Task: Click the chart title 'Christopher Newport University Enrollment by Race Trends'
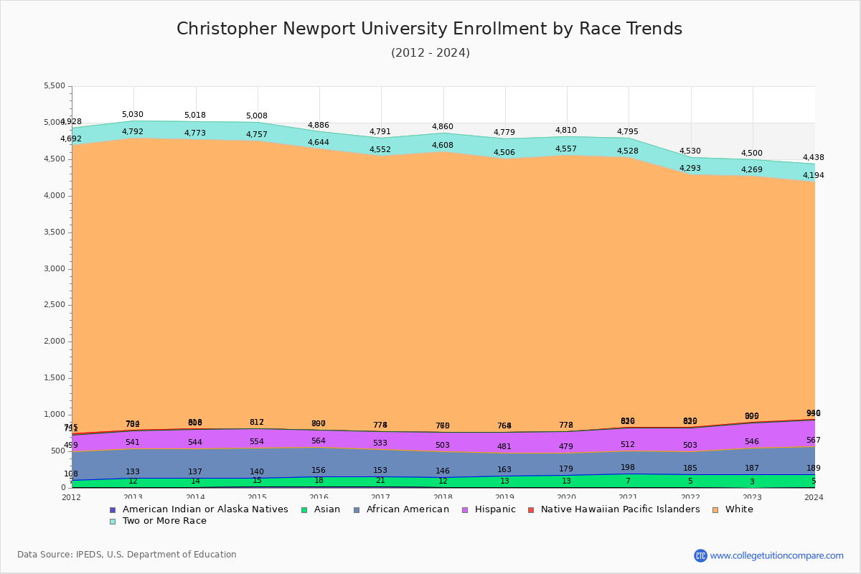click(x=429, y=29)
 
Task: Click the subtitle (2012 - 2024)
click(x=430, y=53)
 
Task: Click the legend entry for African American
click(x=407, y=509)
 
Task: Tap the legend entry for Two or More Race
click(x=164, y=521)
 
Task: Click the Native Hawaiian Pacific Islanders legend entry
click(x=620, y=509)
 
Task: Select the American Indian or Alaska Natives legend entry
click(x=205, y=509)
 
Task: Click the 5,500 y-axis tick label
click(x=54, y=86)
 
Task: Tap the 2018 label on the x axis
click(x=443, y=497)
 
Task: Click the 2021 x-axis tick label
click(x=629, y=497)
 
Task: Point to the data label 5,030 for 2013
click(x=133, y=115)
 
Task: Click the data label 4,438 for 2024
click(x=813, y=158)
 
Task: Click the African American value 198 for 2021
click(x=628, y=468)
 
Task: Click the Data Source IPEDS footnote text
click(x=127, y=555)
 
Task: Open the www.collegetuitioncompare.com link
click(x=776, y=555)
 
